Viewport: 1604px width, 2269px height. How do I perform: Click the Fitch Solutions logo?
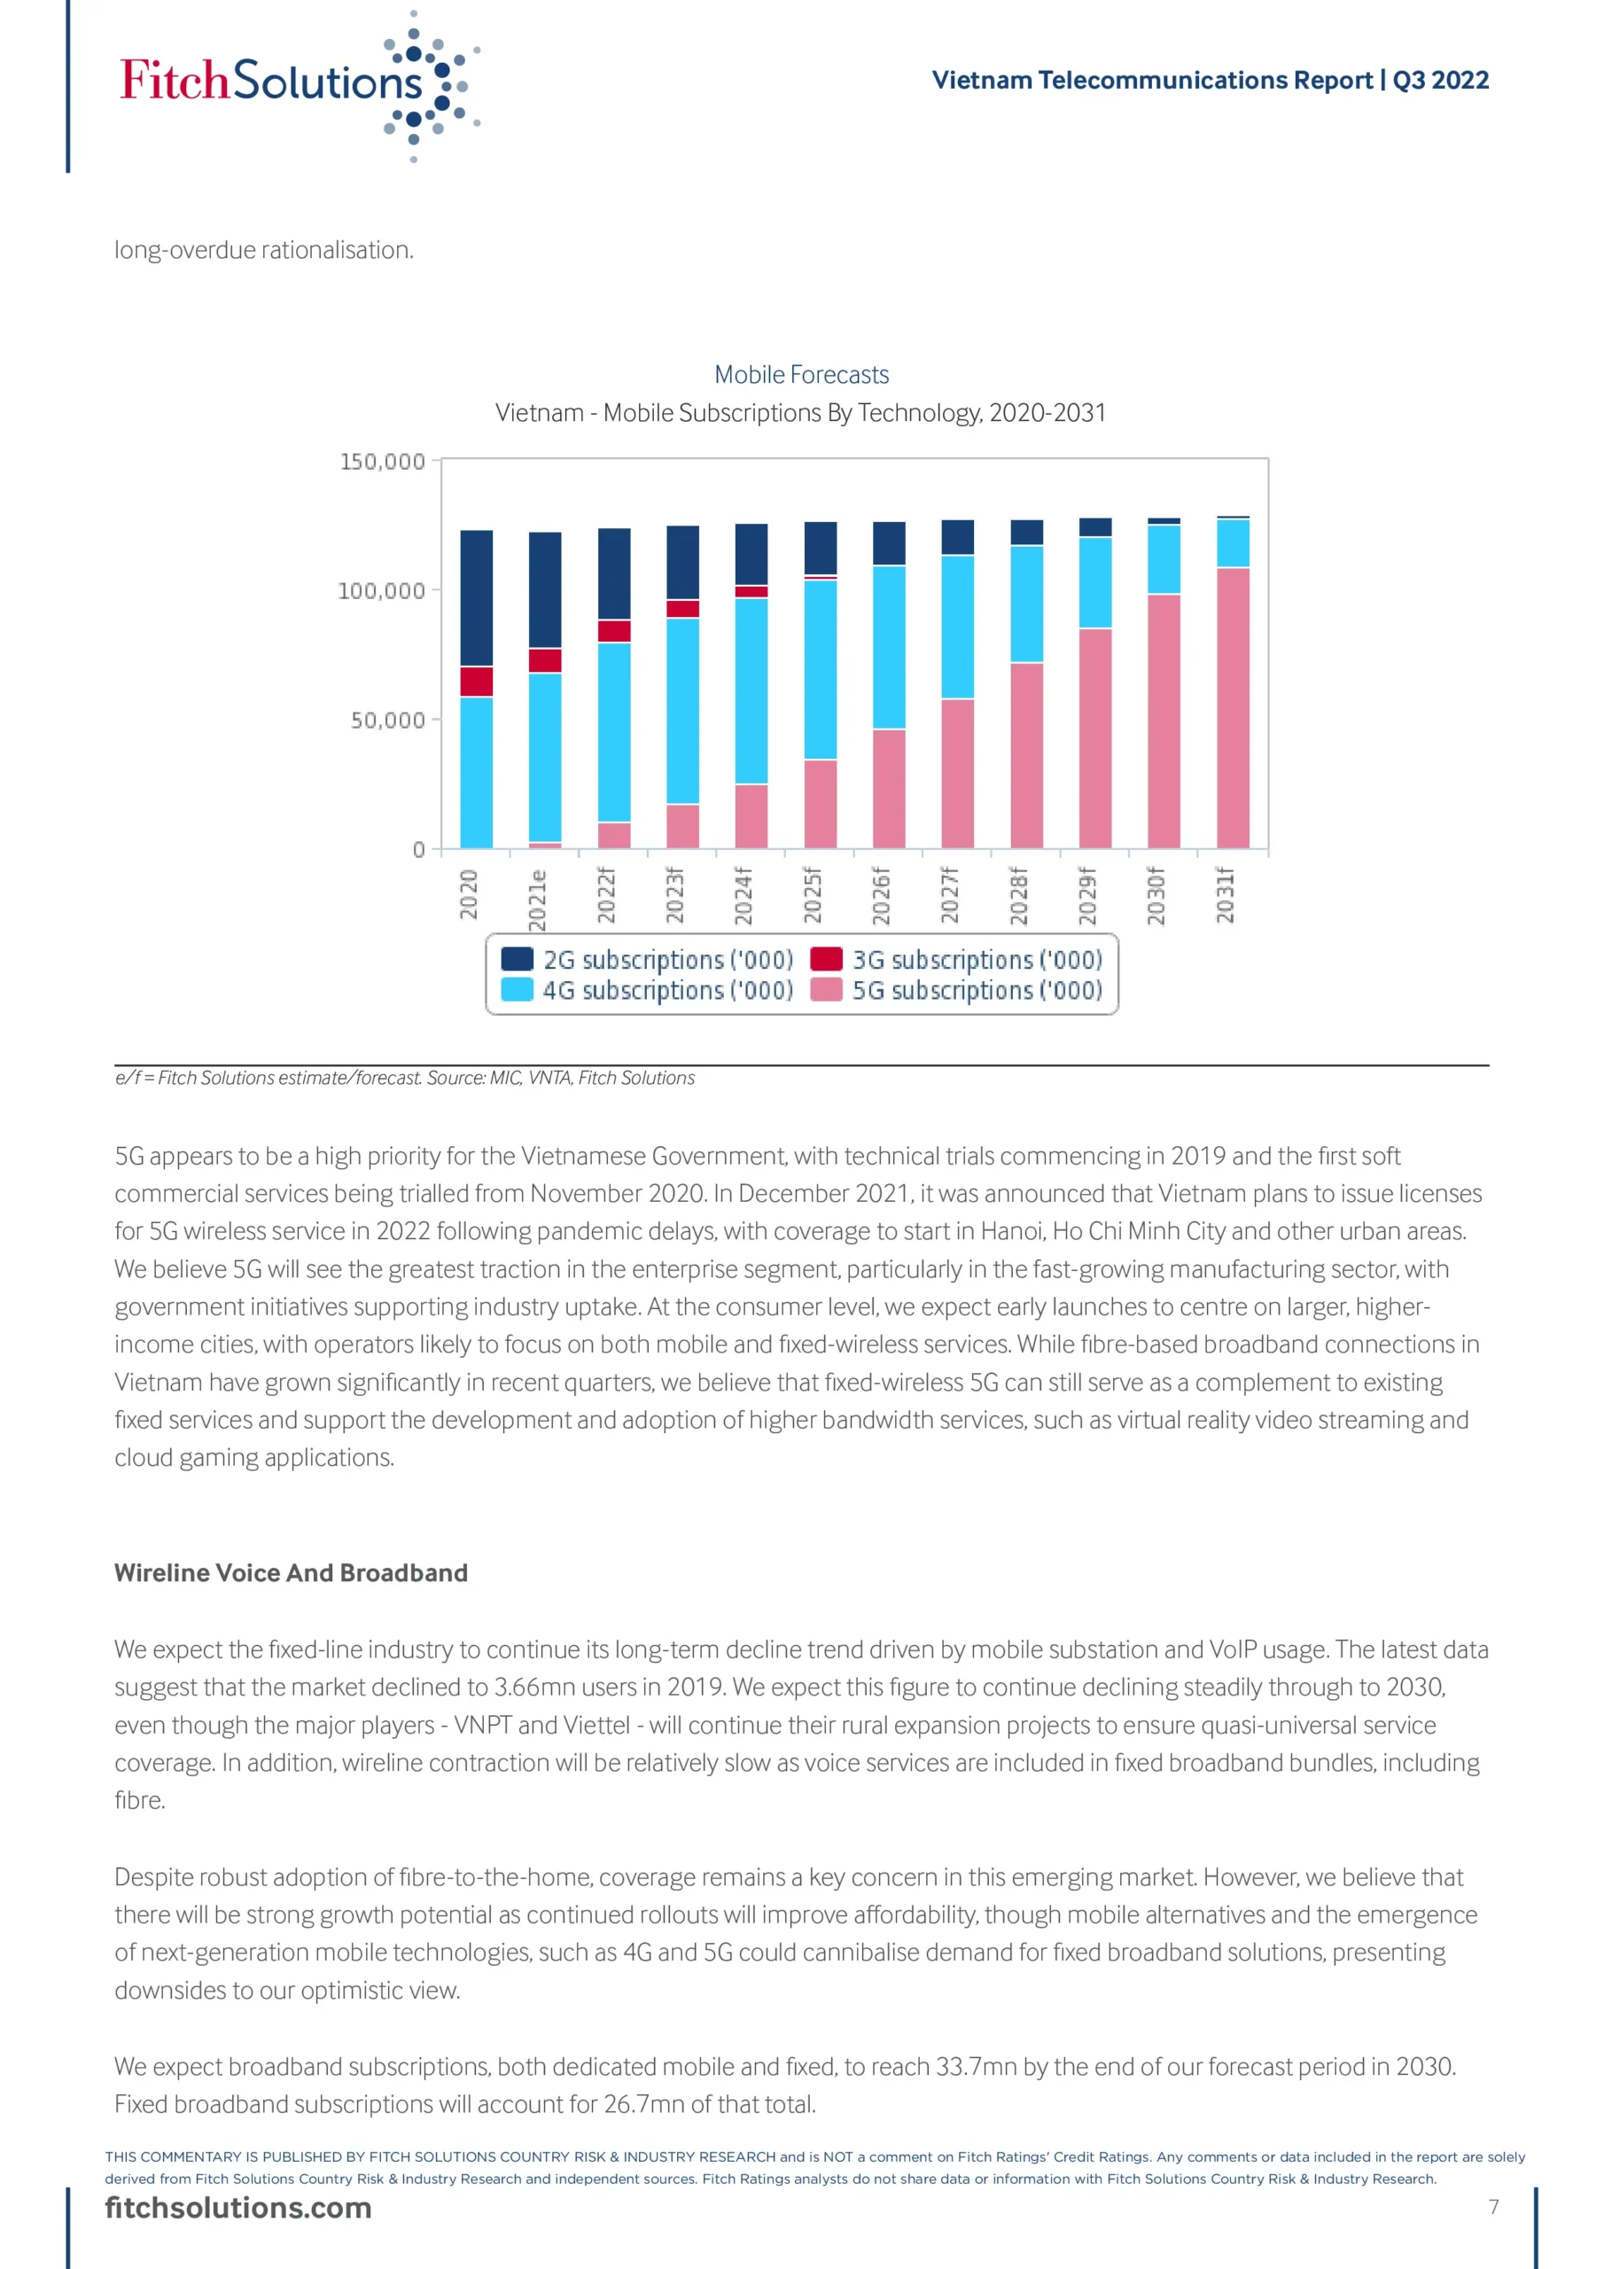click(297, 83)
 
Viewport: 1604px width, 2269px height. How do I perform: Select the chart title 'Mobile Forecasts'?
click(801, 375)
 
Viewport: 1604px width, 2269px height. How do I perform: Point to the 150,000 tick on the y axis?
click(383, 462)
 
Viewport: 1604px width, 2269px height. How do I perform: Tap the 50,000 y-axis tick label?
click(387, 721)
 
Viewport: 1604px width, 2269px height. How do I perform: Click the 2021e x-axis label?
click(538, 900)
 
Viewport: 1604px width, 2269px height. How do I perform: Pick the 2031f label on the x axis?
click(1226, 895)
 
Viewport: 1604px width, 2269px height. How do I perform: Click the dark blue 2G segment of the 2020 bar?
click(477, 598)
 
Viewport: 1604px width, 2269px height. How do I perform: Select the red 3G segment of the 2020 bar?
click(477, 682)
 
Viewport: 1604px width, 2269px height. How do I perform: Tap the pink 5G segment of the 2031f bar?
click(1233, 707)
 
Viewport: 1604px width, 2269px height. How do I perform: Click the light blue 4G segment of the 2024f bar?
click(751, 690)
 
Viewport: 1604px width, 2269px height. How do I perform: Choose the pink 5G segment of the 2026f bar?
click(889, 789)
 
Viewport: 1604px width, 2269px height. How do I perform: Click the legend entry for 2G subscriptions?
click(647, 960)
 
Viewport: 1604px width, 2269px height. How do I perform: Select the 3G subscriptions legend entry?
click(957, 960)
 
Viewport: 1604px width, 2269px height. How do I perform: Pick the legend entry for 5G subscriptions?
click(957, 990)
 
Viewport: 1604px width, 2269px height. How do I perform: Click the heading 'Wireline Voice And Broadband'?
click(291, 1573)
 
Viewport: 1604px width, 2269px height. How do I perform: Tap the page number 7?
click(1493, 2207)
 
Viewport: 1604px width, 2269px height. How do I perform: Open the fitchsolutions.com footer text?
click(238, 2208)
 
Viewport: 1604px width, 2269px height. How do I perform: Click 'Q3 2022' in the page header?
click(1440, 80)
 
